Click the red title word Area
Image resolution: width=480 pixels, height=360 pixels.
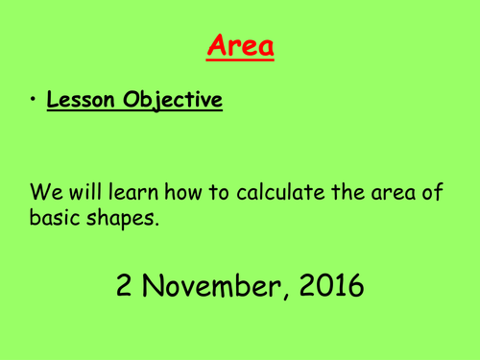click(x=240, y=45)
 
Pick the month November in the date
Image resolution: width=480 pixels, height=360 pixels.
click(x=209, y=285)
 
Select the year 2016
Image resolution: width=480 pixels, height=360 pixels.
click(x=329, y=285)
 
